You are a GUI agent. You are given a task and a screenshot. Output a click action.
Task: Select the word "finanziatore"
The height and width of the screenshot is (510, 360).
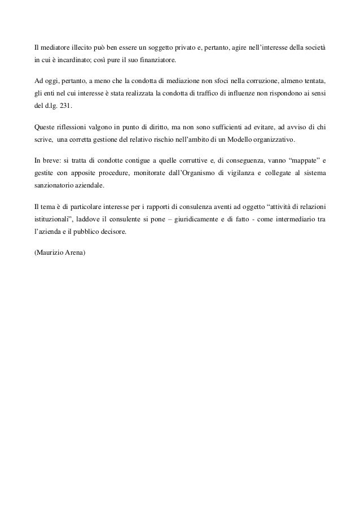[159, 60]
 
